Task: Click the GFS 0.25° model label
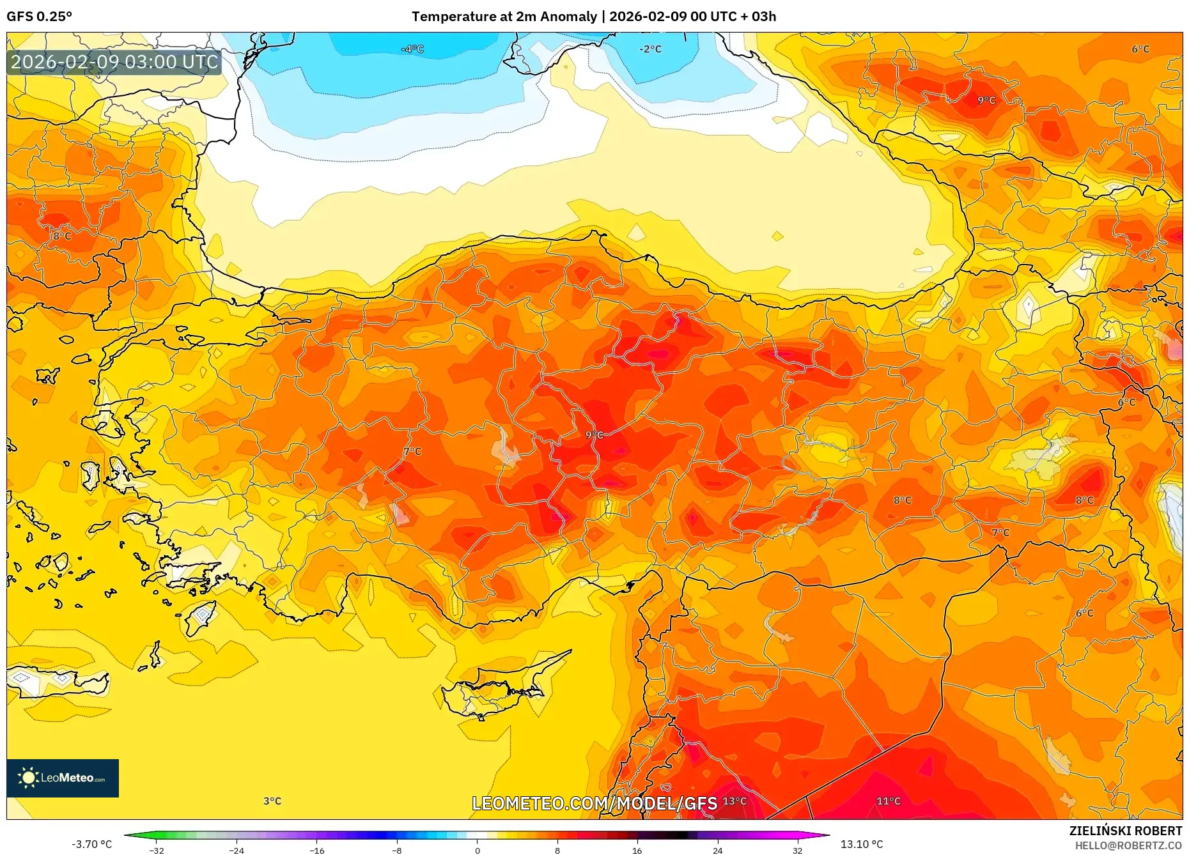(x=39, y=17)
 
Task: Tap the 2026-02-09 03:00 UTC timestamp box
(x=114, y=62)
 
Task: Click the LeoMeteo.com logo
(x=63, y=778)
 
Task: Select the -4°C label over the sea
(x=412, y=49)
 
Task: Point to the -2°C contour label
(x=650, y=49)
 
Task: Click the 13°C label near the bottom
(x=734, y=801)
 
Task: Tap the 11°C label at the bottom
(x=888, y=801)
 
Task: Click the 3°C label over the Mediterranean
(x=272, y=801)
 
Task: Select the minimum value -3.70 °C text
(x=91, y=844)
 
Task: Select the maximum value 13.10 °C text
(x=861, y=844)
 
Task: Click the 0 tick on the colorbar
(x=477, y=850)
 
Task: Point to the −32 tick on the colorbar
(x=157, y=850)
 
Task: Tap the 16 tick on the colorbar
(x=637, y=850)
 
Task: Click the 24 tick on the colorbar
(x=717, y=850)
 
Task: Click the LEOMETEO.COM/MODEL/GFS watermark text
(x=594, y=803)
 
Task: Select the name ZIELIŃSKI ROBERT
(x=1125, y=831)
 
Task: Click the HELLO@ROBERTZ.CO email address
(x=1128, y=845)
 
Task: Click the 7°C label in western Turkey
(x=413, y=451)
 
